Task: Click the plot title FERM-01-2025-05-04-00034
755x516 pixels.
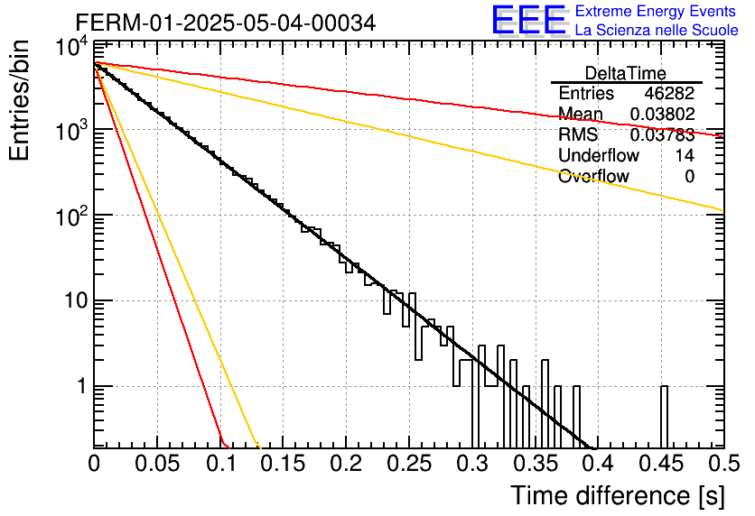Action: point(226,23)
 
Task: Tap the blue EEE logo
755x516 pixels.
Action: point(529,20)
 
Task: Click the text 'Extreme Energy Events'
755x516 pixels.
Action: point(656,11)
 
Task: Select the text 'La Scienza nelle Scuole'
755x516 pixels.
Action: point(657,30)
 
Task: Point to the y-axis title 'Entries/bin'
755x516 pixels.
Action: point(20,100)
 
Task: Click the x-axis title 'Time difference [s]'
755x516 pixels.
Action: point(618,495)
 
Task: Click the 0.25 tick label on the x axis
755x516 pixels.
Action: point(409,464)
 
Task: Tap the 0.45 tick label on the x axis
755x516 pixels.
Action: point(661,464)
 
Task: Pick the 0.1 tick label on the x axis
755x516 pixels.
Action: point(220,464)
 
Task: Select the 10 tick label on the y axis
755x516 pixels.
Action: point(77,301)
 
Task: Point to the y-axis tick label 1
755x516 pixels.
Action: point(83,386)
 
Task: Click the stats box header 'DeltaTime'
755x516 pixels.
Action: point(626,73)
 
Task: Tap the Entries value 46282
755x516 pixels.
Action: point(670,93)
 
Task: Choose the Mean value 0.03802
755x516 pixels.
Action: point(663,114)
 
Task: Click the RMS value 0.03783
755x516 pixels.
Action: point(663,134)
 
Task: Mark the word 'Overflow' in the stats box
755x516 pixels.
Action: point(593,176)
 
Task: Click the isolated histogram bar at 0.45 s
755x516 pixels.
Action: point(664,417)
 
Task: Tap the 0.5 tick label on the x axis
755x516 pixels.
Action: point(723,464)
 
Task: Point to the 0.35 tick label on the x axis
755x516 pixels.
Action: point(536,464)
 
